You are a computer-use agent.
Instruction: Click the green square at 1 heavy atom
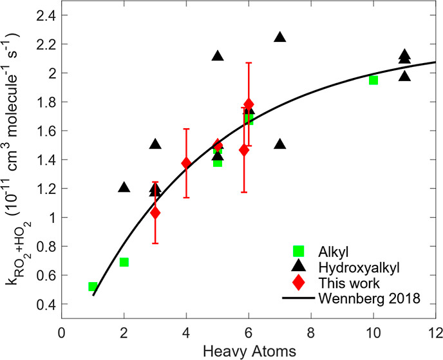coord(93,287)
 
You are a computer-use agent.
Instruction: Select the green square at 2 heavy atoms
coord(124,262)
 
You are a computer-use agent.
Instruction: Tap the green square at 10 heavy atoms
coord(373,80)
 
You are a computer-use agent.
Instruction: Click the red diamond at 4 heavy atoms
coord(186,163)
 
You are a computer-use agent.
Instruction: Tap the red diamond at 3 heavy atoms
coord(155,213)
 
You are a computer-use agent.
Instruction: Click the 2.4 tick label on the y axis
coord(46,15)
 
